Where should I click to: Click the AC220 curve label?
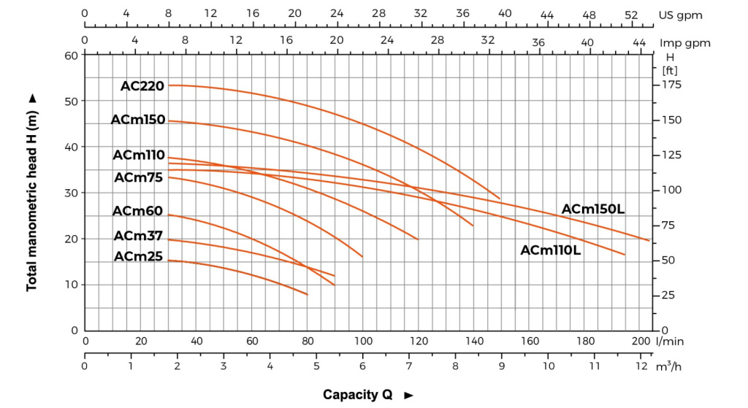click(x=142, y=86)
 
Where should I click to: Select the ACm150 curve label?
click(x=138, y=120)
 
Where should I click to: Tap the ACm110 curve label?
click(x=139, y=155)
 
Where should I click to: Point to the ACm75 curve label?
click(x=139, y=177)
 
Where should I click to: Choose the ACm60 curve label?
click(x=139, y=211)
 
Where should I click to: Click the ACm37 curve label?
click(x=139, y=235)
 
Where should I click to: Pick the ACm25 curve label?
click(x=139, y=256)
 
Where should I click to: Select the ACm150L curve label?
click(x=593, y=209)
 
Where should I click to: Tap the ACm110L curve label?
click(x=551, y=250)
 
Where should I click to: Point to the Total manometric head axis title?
click(x=31, y=192)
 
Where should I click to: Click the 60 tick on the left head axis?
click(x=70, y=55)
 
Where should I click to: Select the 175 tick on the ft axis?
click(x=671, y=85)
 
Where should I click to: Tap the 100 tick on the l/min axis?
click(x=363, y=341)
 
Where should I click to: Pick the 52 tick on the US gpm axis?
click(x=632, y=15)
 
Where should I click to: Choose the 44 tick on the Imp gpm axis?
click(x=639, y=43)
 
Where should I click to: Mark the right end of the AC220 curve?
click(x=500, y=199)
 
